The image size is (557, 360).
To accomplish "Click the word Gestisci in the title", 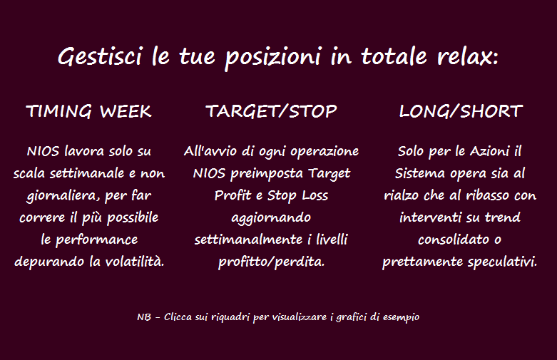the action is click(100, 57).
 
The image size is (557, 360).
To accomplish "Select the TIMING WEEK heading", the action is click(89, 111).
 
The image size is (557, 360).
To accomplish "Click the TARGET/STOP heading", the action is click(271, 111).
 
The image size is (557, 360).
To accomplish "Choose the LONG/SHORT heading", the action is click(461, 111).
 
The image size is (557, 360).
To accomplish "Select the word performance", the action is click(96, 240).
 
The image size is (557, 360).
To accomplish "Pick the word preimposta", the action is click(267, 175).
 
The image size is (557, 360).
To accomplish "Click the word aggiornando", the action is click(271, 218).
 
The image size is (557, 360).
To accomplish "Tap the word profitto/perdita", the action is click(271, 262).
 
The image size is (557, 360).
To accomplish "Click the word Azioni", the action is click(490, 152).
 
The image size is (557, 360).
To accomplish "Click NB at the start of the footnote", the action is click(144, 317).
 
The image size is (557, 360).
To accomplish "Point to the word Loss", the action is click(315, 195).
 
